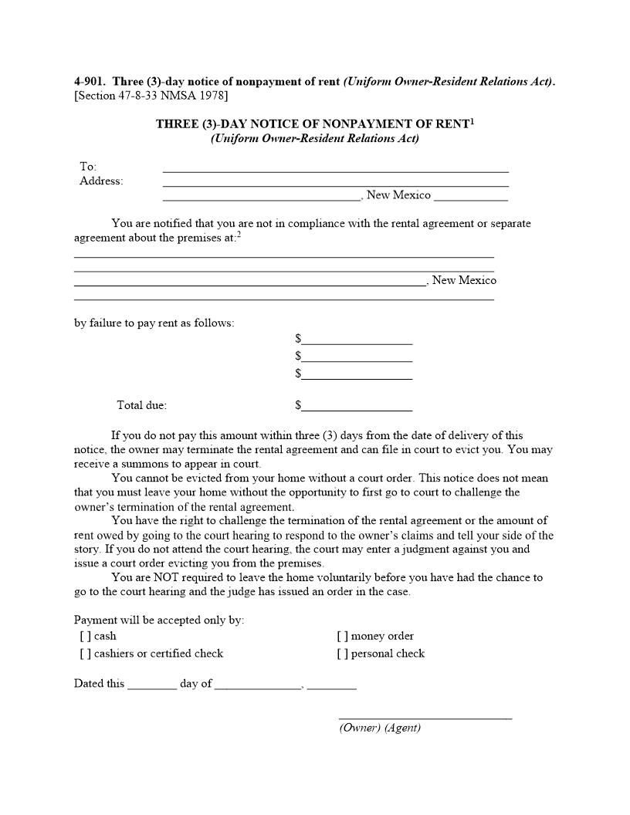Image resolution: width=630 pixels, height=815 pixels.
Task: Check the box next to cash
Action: (x=85, y=637)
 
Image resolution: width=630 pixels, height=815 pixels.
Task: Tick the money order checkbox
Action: (x=342, y=637)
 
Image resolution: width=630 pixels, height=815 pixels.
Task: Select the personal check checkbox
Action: (x=342, y=654)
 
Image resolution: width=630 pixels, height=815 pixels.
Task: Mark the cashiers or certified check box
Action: (x=85, y=654)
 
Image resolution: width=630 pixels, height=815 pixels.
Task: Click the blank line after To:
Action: (x=335, y=168)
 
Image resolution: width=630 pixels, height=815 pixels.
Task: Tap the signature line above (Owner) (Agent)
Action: (x=425, y=716)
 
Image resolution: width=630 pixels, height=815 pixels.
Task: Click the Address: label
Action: (x=101, y=181)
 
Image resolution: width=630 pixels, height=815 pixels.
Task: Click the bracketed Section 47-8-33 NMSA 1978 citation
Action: (x=151, y=96)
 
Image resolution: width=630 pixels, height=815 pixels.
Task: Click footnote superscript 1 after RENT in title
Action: (x=472, y=120)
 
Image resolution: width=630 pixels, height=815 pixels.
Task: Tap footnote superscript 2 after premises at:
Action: (x=239, y=235)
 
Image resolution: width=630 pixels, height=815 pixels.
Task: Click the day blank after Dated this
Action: (x=152, y=685)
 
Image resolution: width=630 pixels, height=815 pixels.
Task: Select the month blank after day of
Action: (x=257, y=685)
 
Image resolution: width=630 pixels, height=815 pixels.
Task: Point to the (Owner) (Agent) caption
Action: (x=380, y=729)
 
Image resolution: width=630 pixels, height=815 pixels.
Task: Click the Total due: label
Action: (x=141, y=405)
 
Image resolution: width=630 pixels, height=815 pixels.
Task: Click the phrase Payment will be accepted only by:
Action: (x=159, y=621)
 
